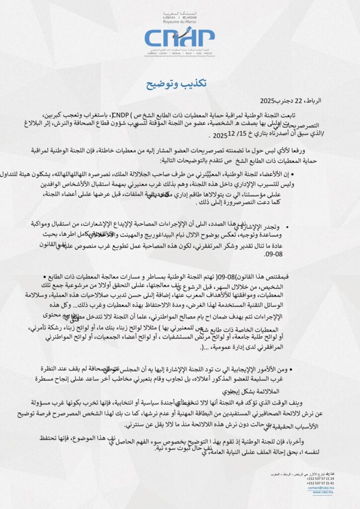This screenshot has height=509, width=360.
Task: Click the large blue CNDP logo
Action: (x=180, y=38)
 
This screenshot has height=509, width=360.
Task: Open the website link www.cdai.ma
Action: (x=323, y=492)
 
